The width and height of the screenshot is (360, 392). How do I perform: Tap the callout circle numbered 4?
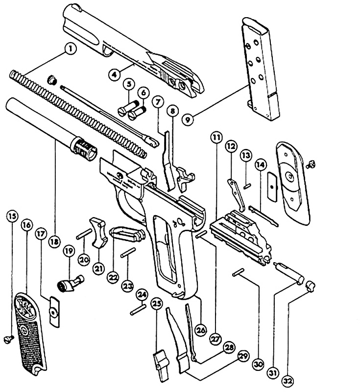click(114, 74)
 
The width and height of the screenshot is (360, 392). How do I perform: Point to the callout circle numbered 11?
click(216, 138)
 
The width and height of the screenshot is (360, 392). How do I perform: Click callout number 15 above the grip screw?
click(12, 215)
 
